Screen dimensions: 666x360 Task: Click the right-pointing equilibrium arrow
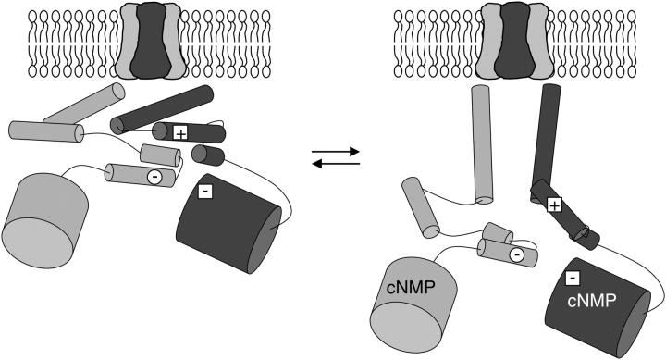336,151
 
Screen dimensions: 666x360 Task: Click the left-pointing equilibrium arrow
336,164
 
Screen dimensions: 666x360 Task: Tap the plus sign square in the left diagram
180,133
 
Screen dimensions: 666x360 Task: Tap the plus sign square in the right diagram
554,205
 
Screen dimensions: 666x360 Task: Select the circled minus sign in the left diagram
154,177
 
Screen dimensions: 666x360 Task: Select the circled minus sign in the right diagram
516,254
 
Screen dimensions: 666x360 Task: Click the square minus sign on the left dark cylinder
205,192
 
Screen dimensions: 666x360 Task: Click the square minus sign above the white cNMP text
573,278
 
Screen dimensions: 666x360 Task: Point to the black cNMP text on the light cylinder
411,288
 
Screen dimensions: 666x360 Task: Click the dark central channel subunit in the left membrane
151,41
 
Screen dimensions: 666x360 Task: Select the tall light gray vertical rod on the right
483,144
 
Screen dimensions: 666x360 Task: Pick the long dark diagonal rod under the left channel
161,109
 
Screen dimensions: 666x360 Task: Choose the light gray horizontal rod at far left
46,131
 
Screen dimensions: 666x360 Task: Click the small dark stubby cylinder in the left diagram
208,155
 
